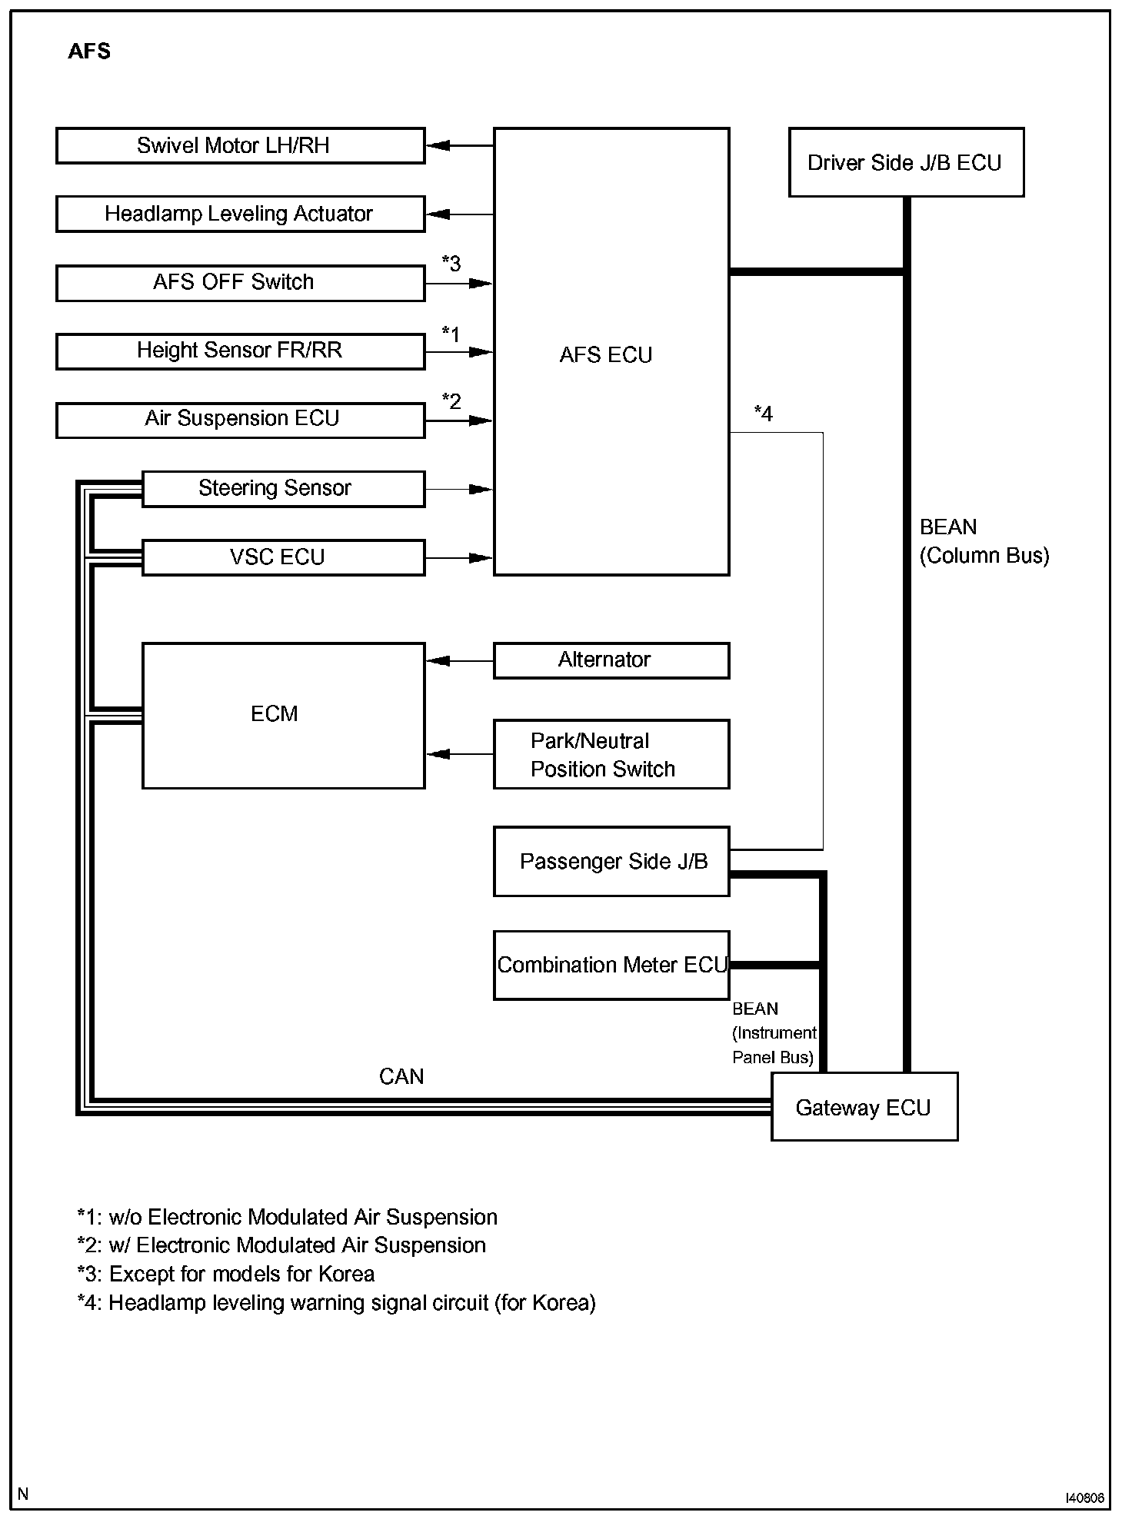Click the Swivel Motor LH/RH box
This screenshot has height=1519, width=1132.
click(240, 146)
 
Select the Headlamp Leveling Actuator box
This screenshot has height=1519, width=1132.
click(240, 214)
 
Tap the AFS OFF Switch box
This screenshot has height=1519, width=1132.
click(240, 282)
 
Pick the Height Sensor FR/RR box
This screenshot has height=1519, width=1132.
click(240, 351)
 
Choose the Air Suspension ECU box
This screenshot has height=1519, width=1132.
click(240, 419)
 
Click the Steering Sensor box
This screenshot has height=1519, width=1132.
click(283, 488)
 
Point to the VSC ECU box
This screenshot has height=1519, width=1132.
click(283, 557)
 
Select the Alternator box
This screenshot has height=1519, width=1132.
click(611, 660)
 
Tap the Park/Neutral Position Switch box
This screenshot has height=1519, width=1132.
click(611, 754)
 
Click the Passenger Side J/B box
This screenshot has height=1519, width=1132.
click(611, 861)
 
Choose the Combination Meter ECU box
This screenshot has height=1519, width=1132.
click(611, 965)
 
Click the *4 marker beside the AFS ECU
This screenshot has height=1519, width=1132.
click(763, 414)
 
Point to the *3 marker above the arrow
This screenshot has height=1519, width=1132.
click(451, 263)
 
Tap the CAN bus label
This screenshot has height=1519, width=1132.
click(401, 1076)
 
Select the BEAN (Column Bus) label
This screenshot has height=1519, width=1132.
click(984, 541)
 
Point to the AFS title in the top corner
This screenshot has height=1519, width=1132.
click(89, 52)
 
